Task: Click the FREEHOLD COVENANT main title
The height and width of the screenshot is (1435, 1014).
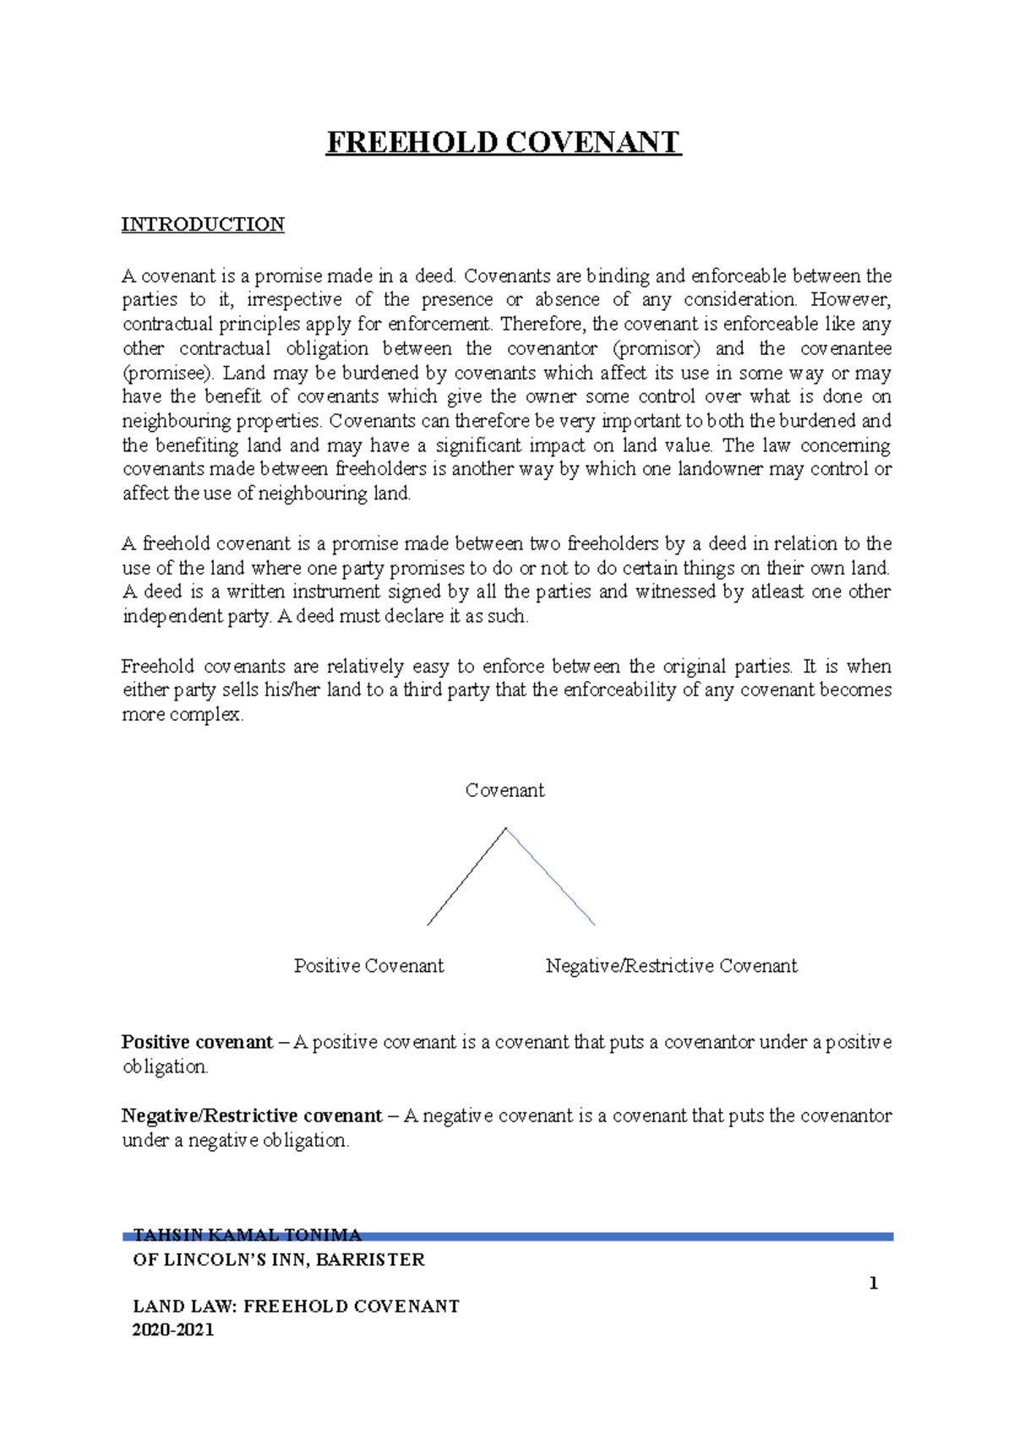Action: point(504,142)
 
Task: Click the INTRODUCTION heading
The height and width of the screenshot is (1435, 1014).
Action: point(203,225)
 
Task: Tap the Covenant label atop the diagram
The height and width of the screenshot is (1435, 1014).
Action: point(504,790)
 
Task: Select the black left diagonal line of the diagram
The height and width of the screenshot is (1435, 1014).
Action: point(466,877)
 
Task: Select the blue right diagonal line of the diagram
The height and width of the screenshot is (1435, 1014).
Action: point(551,877)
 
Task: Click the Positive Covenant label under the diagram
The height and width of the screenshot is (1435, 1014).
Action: point(368,966)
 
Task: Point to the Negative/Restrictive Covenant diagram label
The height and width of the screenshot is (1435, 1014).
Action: point(671,966)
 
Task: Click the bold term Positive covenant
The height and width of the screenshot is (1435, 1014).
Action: point(197,1042)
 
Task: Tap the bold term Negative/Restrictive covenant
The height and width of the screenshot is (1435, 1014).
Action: point(252,1116)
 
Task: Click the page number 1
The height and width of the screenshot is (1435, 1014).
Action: point(873,1284)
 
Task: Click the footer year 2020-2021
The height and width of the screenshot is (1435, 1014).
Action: point(173,1329)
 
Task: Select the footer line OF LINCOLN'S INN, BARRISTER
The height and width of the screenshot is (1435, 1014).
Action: point(279,1260)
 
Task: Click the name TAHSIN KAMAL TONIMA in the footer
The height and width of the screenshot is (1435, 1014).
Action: point(247,1235)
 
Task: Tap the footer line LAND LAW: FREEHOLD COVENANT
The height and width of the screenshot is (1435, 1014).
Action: point(296,1307)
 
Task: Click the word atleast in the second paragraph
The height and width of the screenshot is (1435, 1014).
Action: point(777,592)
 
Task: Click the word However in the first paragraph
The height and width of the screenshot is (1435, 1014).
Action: point(850,300)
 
